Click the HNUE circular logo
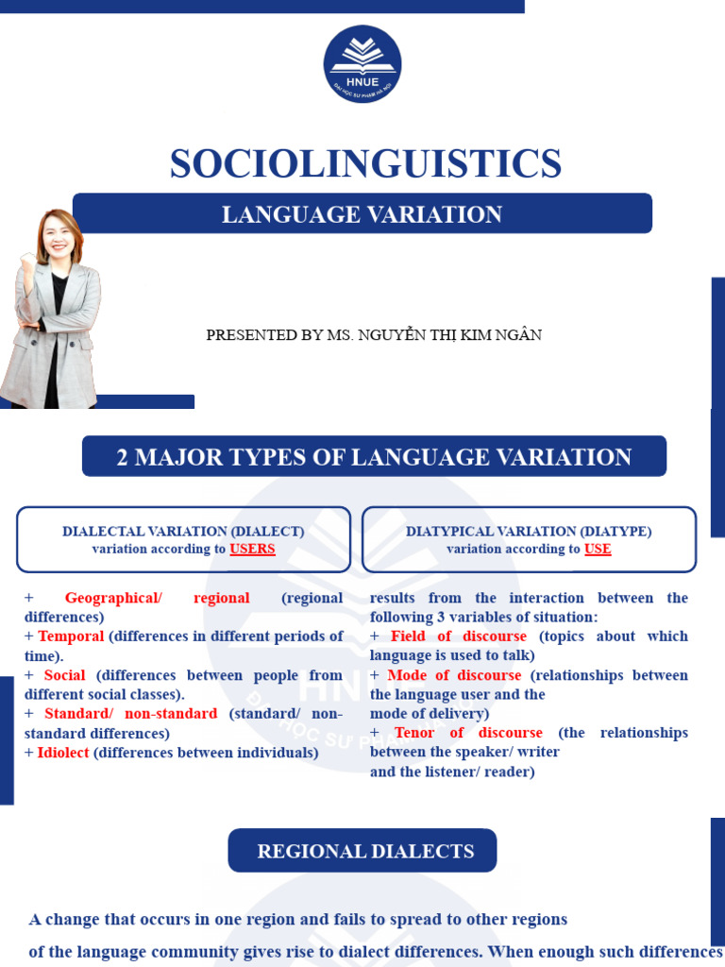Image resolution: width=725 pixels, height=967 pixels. coord(362,63)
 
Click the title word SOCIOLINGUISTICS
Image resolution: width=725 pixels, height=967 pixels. coord(365,163)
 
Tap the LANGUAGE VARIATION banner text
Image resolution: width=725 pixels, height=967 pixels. coord(362,214)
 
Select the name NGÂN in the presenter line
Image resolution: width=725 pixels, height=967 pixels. coord(521,335)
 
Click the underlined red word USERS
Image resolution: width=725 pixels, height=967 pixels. coord(252,549)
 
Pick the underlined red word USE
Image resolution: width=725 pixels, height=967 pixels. coord(598,549)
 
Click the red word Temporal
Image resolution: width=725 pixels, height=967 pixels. coord(71,636)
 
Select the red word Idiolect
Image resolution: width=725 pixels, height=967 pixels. coord(63,753)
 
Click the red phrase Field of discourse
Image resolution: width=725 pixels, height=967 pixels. coord(458,636)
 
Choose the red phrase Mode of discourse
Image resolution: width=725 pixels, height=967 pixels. coord(454,675)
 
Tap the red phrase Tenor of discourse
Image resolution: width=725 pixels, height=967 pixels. coord(468,733)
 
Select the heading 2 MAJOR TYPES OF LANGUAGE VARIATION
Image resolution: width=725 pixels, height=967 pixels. coord(374,457)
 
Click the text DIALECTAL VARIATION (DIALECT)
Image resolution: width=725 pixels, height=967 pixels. coord(183,532)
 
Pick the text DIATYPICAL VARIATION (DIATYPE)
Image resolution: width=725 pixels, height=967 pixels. coord(529,532)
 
